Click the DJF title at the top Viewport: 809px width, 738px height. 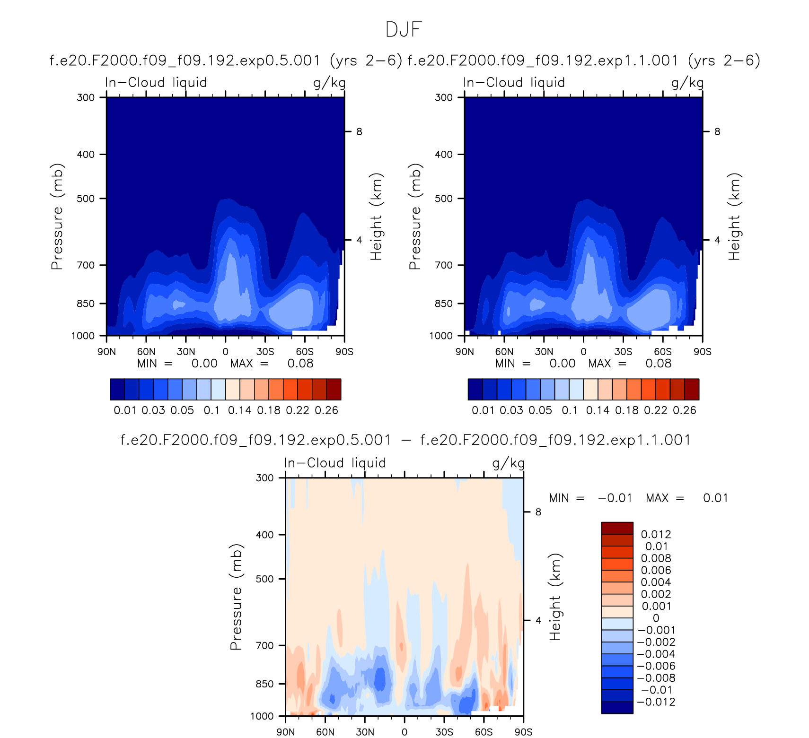404,29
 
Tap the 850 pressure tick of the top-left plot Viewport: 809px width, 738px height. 86,304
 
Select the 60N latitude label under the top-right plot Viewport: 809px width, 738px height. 504,352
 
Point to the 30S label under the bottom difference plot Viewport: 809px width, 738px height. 444,732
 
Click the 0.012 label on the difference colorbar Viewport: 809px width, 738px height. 656,534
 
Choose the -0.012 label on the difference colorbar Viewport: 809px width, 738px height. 656,702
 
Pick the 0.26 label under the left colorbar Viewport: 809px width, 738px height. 326,410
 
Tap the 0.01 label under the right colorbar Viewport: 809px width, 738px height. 483,410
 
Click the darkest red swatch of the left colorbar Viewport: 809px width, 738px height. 334,390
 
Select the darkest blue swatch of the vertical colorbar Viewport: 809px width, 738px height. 617,708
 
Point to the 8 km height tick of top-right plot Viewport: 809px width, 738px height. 717,131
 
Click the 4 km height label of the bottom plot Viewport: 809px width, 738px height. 538,620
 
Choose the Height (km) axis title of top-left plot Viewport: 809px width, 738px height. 376,217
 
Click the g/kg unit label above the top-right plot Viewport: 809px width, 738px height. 687,83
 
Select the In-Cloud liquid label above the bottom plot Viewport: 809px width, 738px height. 335,463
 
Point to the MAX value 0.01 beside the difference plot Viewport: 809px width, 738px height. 715,498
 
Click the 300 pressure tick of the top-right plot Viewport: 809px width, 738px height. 444,97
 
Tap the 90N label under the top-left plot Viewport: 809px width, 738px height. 106,352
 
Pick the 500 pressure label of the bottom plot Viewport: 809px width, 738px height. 265,579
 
